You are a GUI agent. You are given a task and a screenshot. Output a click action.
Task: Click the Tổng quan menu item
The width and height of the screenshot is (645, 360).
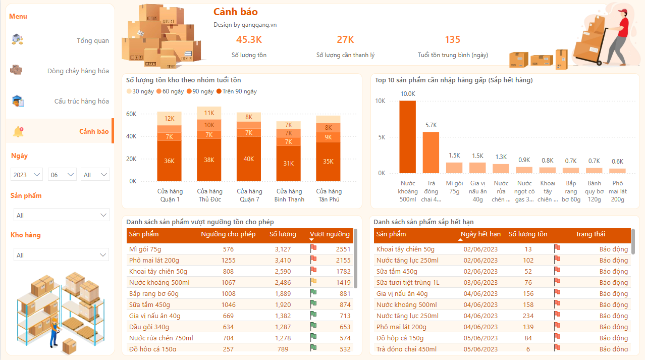click(92, 40)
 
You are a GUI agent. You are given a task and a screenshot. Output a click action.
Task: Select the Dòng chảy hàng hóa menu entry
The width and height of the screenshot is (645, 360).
click(78, 71)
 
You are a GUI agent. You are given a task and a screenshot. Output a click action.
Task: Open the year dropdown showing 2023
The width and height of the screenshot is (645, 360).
click(27, 175)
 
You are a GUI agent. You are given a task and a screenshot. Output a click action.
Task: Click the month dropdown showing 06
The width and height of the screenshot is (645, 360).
click(62, 175)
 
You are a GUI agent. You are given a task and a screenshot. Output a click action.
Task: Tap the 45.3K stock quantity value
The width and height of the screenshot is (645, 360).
click(249, 40)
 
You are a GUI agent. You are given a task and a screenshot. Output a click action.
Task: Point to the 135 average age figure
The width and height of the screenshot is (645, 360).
click(452, 40)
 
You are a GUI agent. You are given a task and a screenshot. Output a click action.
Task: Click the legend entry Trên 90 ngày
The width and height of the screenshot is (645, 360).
click(236, 91)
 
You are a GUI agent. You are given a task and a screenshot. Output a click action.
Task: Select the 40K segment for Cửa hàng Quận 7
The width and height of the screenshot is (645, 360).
click(249, 159)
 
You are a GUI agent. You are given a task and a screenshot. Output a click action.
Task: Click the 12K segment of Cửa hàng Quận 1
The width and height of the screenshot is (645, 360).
click(170, 119)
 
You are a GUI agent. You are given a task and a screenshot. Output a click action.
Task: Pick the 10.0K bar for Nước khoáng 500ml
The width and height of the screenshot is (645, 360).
click(408, 136)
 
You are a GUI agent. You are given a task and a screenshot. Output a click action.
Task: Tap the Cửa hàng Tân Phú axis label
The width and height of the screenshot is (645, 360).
click(329, 195)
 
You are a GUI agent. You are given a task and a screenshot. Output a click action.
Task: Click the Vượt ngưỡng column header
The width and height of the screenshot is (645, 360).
click(330, 234)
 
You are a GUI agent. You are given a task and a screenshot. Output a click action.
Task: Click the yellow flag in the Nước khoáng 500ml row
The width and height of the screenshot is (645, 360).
click(313, 282)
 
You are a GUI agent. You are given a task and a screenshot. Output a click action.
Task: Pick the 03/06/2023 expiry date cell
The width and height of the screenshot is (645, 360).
click(480, 282)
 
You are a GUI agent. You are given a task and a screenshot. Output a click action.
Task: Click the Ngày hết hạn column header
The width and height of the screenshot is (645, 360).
click(480, 234)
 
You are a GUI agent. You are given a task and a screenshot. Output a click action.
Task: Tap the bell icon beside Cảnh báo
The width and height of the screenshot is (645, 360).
click(18, 132)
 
